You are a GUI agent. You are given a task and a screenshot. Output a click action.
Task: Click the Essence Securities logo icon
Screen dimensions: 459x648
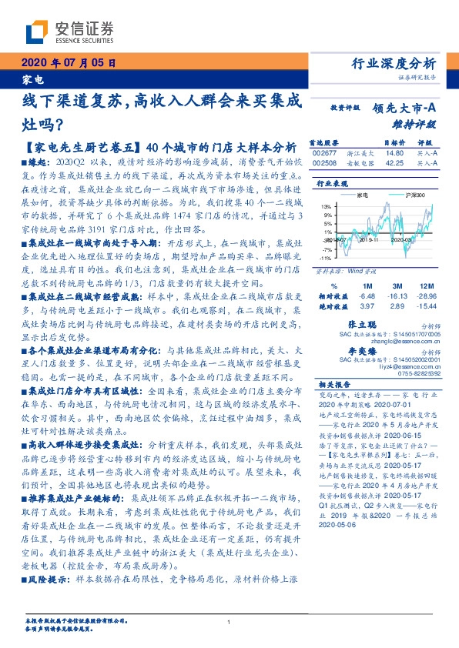tap(38, 32)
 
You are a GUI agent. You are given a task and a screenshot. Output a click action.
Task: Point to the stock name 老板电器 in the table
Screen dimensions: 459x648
tap(361, 163)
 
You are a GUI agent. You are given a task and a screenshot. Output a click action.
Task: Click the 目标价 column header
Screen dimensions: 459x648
tap(394, 143)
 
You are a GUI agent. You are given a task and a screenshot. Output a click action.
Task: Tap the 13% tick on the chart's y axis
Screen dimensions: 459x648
tap(327, 206)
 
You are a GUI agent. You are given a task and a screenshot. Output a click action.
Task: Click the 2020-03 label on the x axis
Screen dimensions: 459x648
tap(402, 239)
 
